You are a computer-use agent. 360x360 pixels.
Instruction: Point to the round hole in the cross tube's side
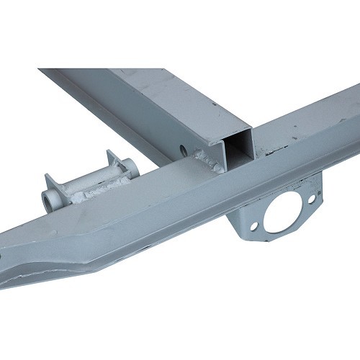(x=181, y=151)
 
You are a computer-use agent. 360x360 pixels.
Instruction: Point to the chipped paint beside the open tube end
(x=270, y=153)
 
